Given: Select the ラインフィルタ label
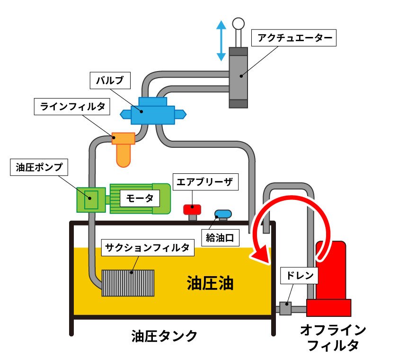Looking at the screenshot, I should coord(72,107).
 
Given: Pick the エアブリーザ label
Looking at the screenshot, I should coord(205,181).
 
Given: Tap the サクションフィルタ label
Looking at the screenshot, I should coord(148,248).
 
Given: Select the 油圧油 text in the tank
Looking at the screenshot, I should coord(211,283).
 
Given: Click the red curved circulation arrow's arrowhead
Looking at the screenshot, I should coord(260,256).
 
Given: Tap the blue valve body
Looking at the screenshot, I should coord(152,112).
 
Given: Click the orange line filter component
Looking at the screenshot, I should coord(124,148).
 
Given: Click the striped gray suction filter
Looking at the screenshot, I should coord(128,283).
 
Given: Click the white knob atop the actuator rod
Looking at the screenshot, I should coord(238,23).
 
